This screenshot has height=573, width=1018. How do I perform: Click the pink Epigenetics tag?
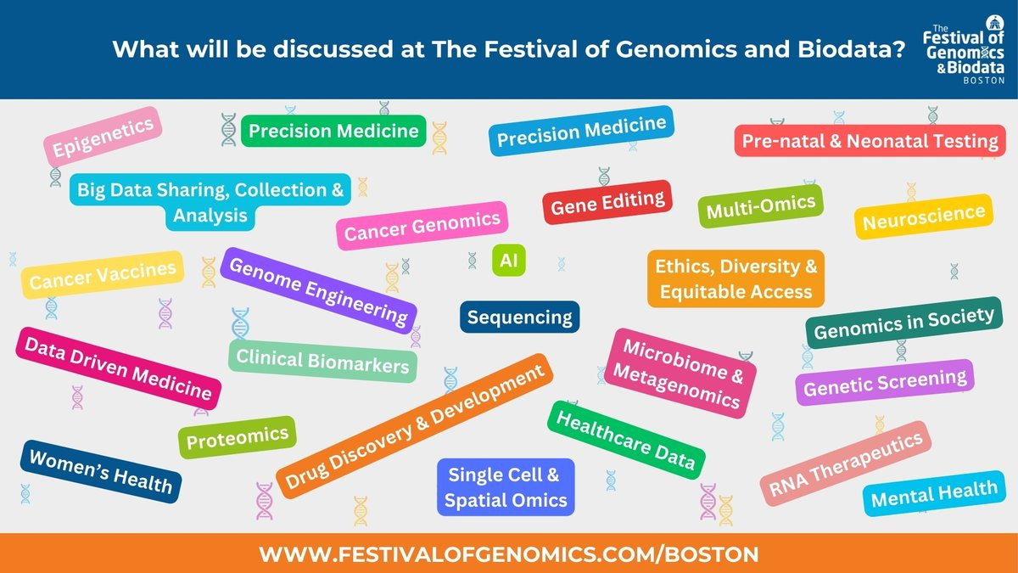coord(103,137)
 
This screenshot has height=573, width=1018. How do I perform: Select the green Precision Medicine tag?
coord(333,131)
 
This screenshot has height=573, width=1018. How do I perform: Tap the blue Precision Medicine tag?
coord(581,131)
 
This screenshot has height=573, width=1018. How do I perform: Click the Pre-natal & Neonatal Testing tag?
coord(870,141)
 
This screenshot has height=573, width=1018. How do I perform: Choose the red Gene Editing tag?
coord(607,202)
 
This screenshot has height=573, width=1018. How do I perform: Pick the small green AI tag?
coord(508,261)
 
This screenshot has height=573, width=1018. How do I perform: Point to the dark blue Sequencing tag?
coord(519,317)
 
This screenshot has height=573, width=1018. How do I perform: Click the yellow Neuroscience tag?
coord(924,217)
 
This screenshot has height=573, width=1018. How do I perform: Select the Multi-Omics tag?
coord(761,206)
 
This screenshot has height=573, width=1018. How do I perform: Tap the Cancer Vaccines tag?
coord(103,275)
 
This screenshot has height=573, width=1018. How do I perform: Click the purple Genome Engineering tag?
coord(318,291)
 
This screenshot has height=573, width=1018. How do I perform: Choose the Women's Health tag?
coord(100,472)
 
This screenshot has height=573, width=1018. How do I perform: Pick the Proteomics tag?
coord(238,437)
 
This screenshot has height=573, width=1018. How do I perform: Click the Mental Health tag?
coord(934,493)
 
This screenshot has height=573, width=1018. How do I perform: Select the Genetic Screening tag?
coord(885,383)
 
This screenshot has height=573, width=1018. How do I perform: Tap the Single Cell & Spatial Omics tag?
coord(506,487)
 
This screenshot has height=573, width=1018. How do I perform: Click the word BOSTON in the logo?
coord(984,81)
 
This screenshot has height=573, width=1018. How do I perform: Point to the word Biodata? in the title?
coord(852,49)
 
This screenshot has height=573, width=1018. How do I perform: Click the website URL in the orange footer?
coord(509,554)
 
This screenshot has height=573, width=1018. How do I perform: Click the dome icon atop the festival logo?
coord(994,23)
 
